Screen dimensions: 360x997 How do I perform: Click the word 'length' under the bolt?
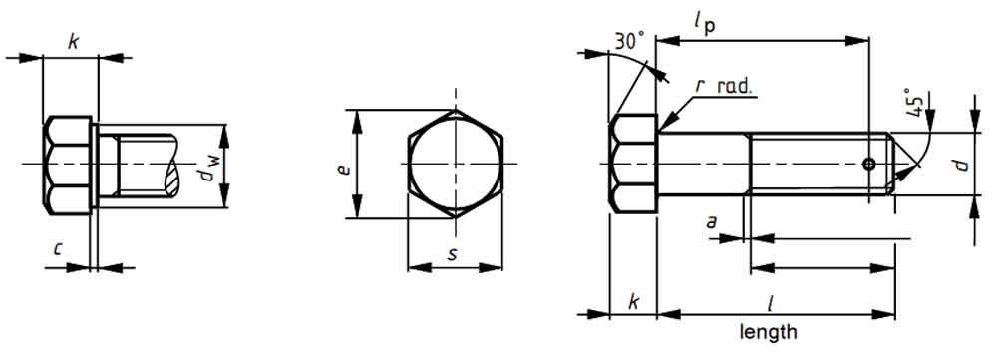[x=768, y=331]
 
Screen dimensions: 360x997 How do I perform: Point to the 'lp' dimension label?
[x=704, y=23]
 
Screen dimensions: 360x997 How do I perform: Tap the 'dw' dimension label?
[x=206, y=175]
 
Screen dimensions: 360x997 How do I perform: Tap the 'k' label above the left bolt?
[x=72, y=41]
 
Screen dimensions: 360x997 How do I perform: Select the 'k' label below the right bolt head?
[x=632, y=301]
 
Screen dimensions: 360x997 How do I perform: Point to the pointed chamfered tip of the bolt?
[x=902, y=164]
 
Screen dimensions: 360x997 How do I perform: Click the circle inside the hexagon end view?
[x=454, y=164]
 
